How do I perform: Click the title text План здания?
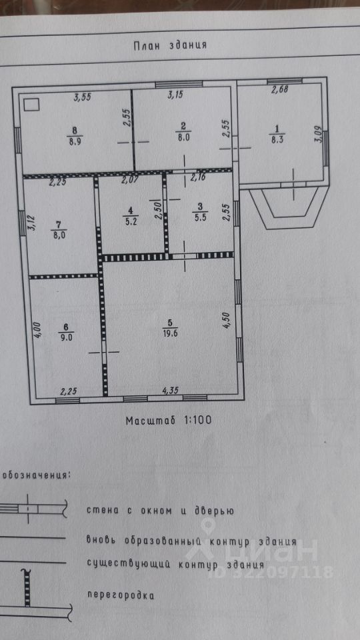coord(170,45)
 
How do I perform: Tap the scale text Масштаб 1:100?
coord(169,420)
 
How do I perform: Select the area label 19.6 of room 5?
coord(169,333)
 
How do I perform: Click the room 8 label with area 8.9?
coord(75,135)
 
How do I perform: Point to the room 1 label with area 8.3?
coord(277,135)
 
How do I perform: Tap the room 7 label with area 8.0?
coord(59,228)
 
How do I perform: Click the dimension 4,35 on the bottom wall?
coord(170,391)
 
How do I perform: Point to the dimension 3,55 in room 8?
coord(83,97)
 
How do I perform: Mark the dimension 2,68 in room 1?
coord(281,90)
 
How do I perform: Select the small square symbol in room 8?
coord(31,105)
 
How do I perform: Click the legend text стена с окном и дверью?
coord(160,511)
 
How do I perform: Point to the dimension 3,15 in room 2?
coord(175,95)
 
